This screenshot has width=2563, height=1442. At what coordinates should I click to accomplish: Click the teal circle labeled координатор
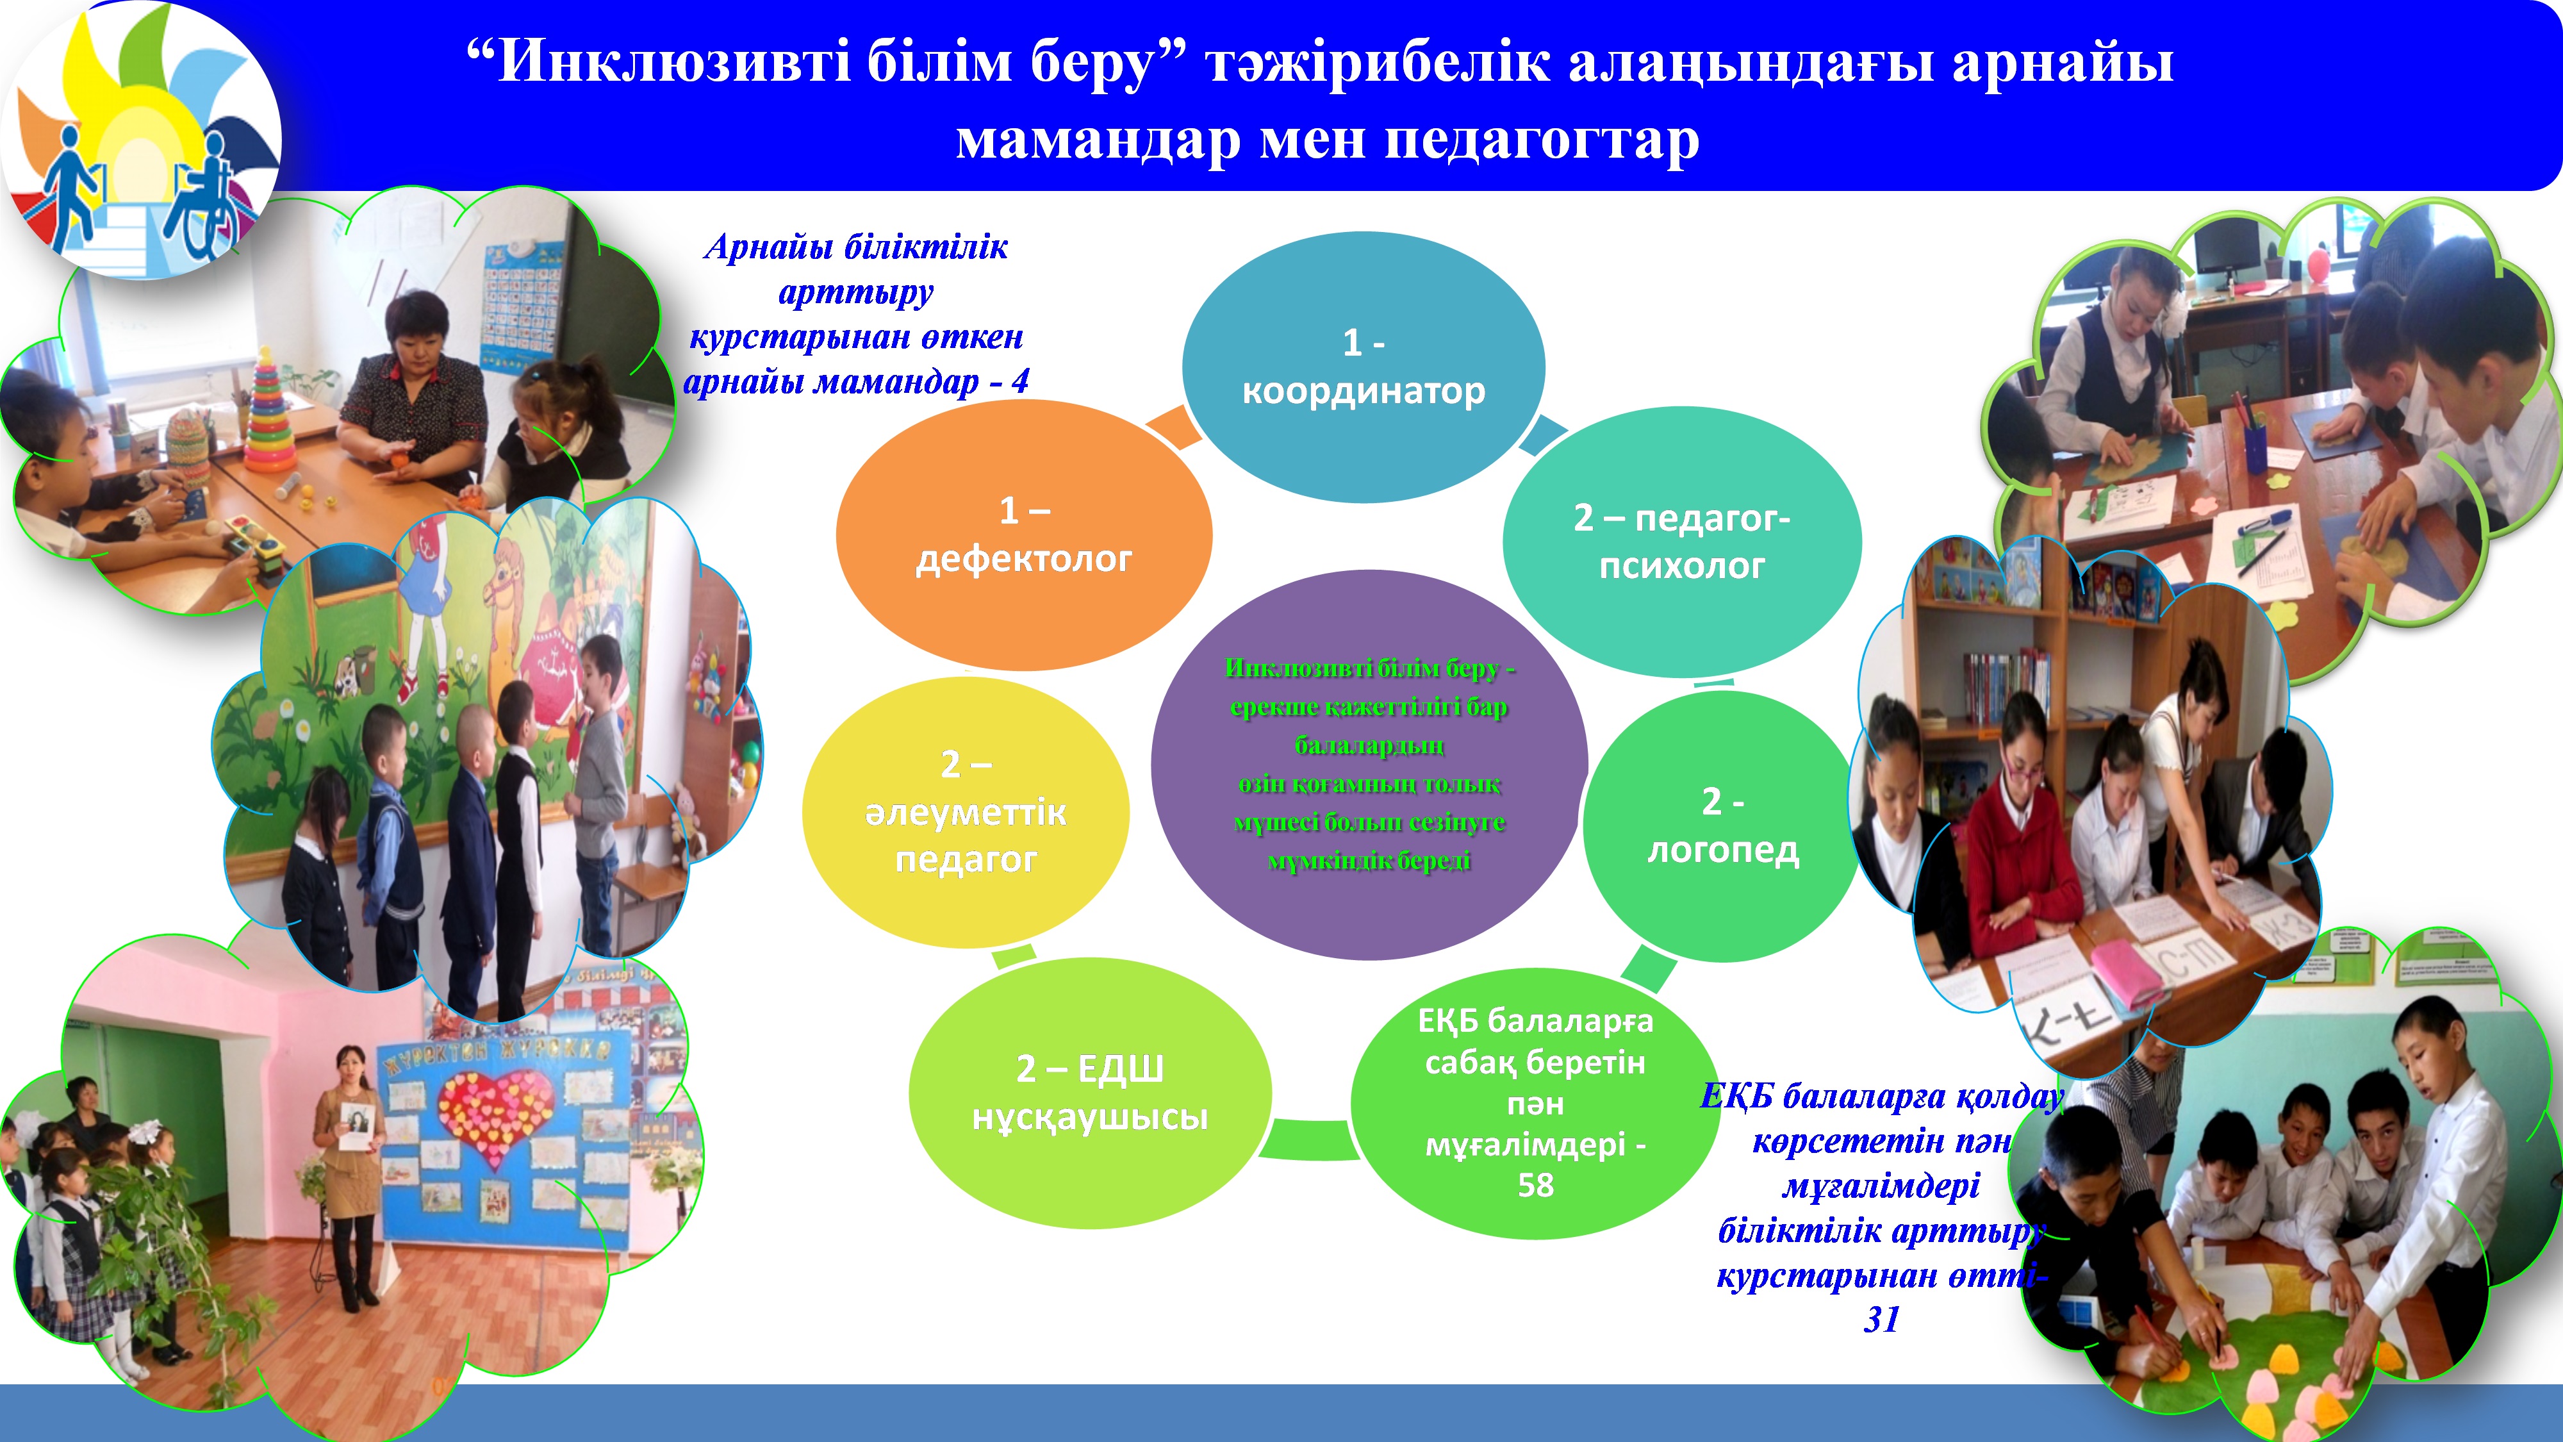[x=1363, y=367]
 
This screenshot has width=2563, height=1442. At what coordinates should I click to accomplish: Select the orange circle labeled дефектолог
[x=1024, y=535]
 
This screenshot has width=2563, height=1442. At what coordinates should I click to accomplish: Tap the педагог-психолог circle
[x=1681, y=542]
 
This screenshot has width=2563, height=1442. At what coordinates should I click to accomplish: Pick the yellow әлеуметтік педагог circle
[x=965, y=812]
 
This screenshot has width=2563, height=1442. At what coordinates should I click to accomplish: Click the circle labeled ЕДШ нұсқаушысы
[x=1091, y=1093]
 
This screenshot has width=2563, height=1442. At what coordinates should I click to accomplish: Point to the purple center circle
[x=1369, y=765]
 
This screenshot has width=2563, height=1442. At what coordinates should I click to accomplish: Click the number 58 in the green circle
[x=1535, y=1185]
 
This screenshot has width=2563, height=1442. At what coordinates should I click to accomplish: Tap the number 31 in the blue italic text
[x=1881, y=1320]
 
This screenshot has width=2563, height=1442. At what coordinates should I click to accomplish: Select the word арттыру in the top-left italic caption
[x=855, y=292]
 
